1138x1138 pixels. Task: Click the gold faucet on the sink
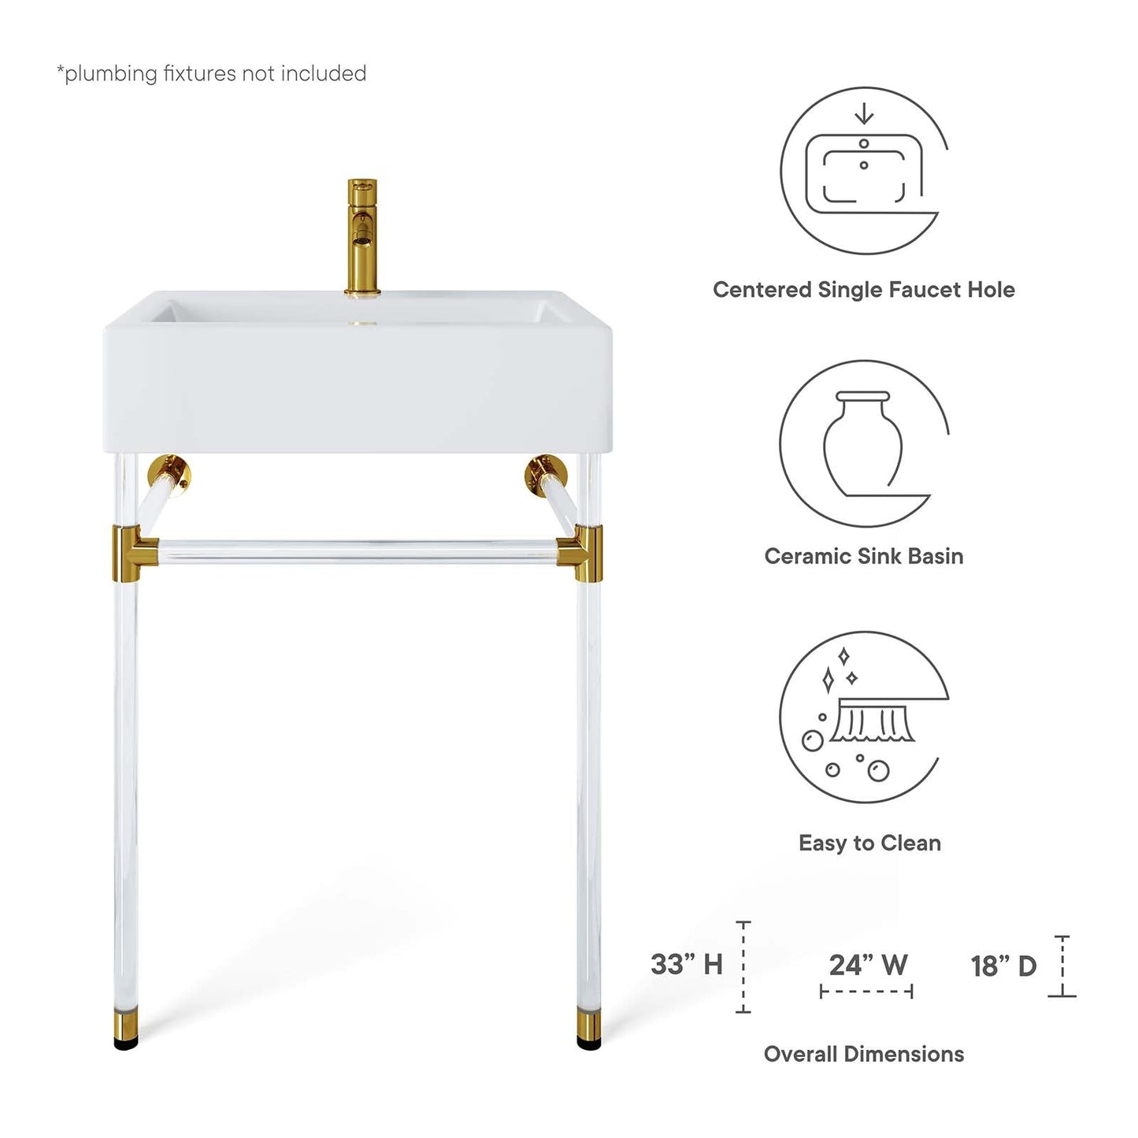pyautogui.click(x=362, y=236)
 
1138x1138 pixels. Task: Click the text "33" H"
pyautogui.click(x=686, y=964)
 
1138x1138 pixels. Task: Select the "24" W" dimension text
pyautogui.click(x=868, y=965)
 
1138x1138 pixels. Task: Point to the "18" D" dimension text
pyautogui.click(x=1003, y=966)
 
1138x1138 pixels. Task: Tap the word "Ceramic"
pyautogui.click(x=808, y=556)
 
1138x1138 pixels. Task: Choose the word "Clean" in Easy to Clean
pyautogui.click(x=910, y=843)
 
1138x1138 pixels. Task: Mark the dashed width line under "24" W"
pyautogui.click(x=866, y=992)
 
